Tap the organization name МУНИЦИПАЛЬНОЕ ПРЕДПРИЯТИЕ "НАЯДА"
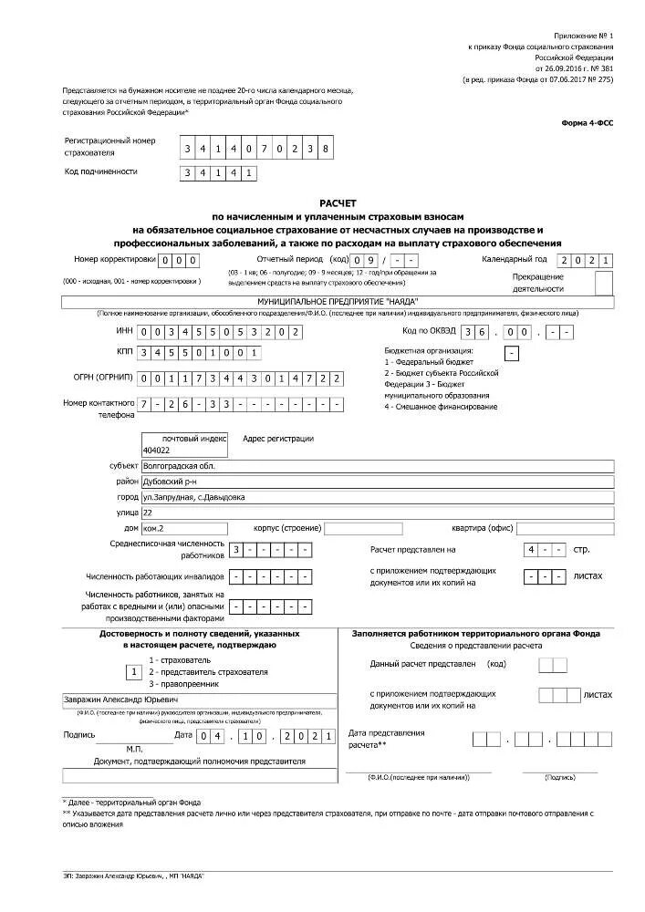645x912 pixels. point(338,300)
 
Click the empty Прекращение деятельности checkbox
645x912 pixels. point(603,283)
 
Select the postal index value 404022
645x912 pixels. point(156,451)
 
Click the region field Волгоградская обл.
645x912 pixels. point(376,466)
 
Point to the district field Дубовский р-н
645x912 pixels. point(376,482)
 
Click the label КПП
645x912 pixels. point(125,352)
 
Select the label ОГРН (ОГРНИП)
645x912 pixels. point(99,377)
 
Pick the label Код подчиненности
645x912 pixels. point(100,171)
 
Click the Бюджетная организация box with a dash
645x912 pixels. point(512,353)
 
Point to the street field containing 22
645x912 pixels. point(376,513)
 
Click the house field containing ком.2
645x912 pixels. point(171,528)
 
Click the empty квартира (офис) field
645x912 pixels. point(565,528)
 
